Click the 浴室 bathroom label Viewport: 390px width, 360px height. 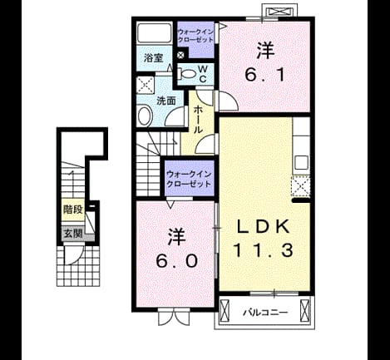[154, 58]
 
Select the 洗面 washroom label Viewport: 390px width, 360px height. [166, 101]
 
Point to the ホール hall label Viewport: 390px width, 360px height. [198, 120]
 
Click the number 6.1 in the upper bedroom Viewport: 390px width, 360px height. [265, 75]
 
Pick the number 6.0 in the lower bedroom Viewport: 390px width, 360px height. [177, 261]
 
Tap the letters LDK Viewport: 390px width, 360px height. [264, 227]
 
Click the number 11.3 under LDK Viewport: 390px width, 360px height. [264, 250]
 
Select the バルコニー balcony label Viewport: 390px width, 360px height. [265, 313]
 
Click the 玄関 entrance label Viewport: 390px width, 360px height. [73, 234]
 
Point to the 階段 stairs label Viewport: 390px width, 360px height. [73, 210]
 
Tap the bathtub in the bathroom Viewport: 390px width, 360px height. [155, 32]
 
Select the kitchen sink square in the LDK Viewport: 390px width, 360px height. [301, 162]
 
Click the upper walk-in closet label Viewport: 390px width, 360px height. [195, 36]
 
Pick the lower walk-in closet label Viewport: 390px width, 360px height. [189, 179]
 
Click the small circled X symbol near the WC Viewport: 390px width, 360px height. [180, 56]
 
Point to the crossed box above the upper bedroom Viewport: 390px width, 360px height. [279, 12]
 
